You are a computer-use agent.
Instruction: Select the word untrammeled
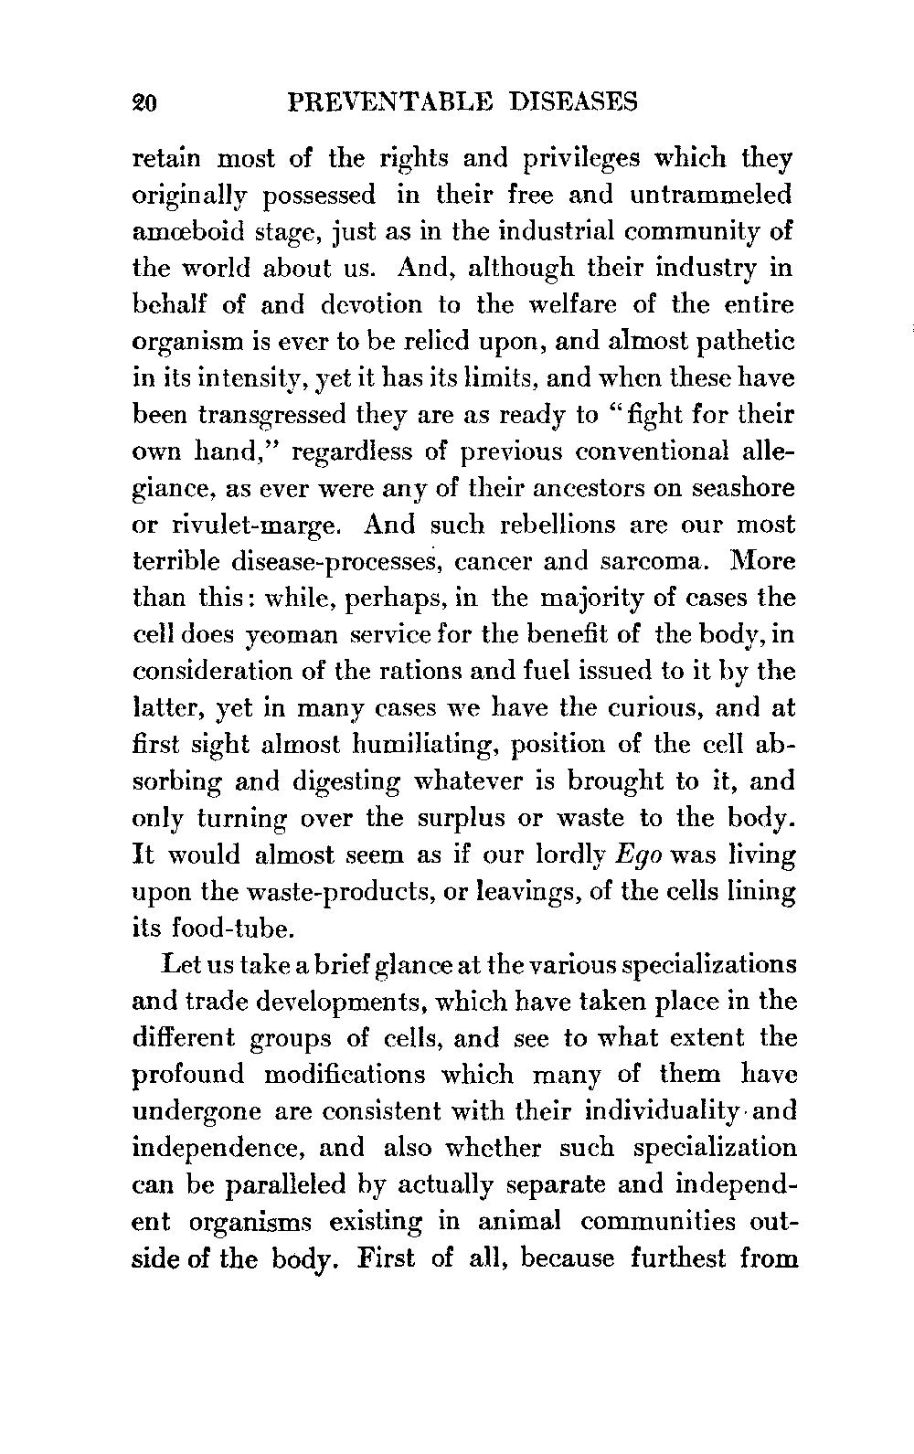click(710, 195)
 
